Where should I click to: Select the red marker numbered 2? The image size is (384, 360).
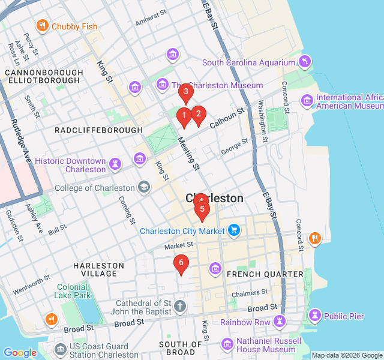[x=199, y=114]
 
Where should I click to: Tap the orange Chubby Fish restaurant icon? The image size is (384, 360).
[x=42, y=26]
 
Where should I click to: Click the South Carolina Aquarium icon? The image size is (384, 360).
[x=305, y=62]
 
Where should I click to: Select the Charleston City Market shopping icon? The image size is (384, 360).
[x=234, y=230]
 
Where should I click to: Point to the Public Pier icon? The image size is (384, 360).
[x=314, y=316]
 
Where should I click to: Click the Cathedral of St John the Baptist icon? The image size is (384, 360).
[x=180, y=308]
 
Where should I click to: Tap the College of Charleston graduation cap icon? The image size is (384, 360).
[x=143, y=188]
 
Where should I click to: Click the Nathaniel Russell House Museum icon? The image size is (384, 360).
[x=227, y=344]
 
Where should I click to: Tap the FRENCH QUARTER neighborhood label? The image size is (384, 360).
[x=265, y=274]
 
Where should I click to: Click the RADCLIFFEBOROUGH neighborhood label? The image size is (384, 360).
[x=99, y=130]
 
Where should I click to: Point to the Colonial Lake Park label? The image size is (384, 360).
[x=73, y=291]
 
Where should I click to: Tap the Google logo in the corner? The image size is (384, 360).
[x=20, y=353]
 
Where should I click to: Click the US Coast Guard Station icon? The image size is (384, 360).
[x=60, y=350]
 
